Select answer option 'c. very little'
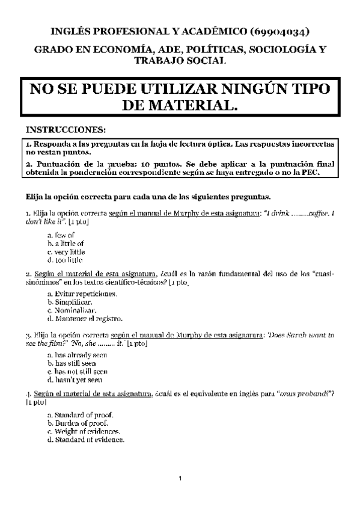coord(66,252)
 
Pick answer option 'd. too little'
coord(65,260)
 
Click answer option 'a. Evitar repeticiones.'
coord(82,293)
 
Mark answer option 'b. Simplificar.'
coord(70,301)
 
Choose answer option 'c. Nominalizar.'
coord(72,310)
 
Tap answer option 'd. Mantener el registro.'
coord(84,318)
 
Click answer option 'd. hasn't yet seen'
coord(75,380)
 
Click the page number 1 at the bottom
coord(180,479)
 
